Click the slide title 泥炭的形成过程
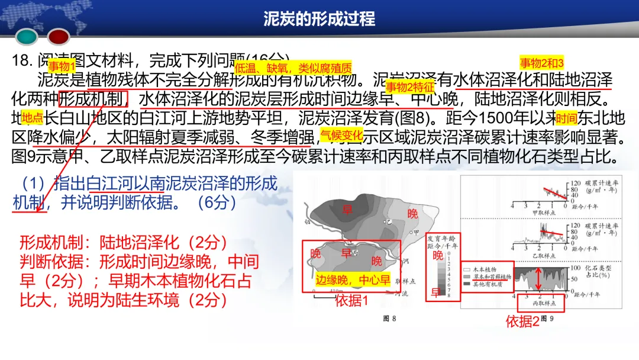tap(319, 18)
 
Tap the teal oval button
tap(27, 37)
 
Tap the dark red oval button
tap(59, 37)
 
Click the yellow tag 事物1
tap(62, 66)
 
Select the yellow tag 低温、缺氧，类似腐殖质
tap(293, 67)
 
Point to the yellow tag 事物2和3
tap(542, 63)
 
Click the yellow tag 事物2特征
tap(409, 87)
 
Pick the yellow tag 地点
tap(32, 116)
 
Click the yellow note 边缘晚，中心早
tap(353, 281)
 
